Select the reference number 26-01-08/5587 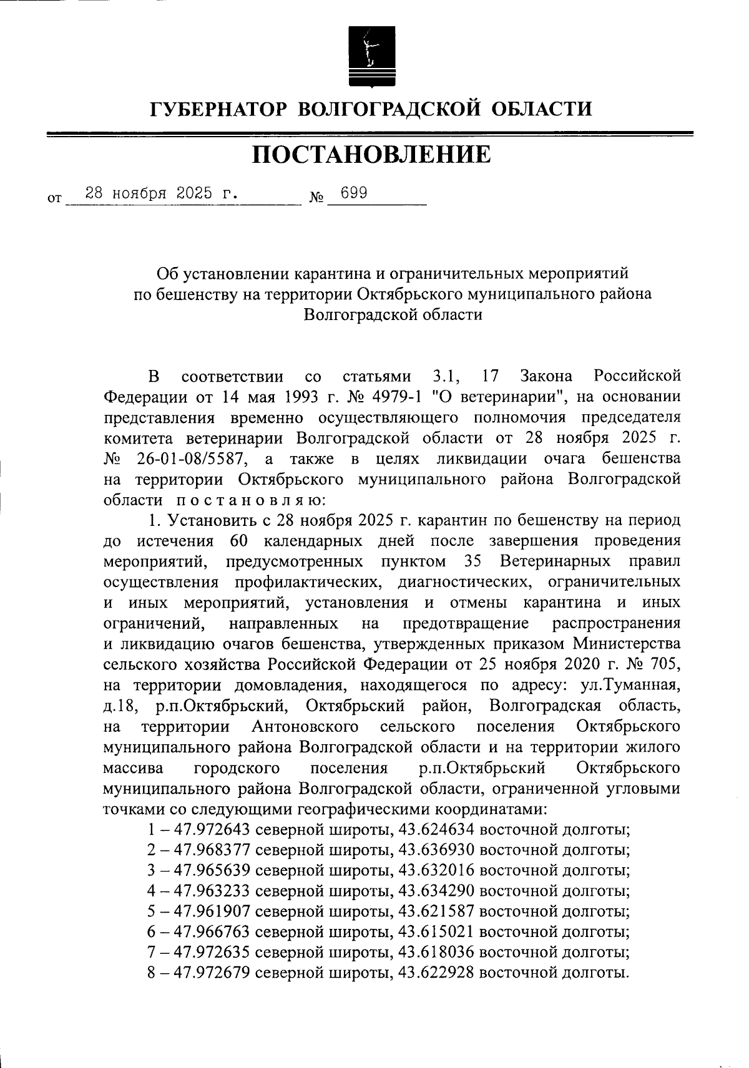coord(193,459)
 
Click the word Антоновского coord(305,727)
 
